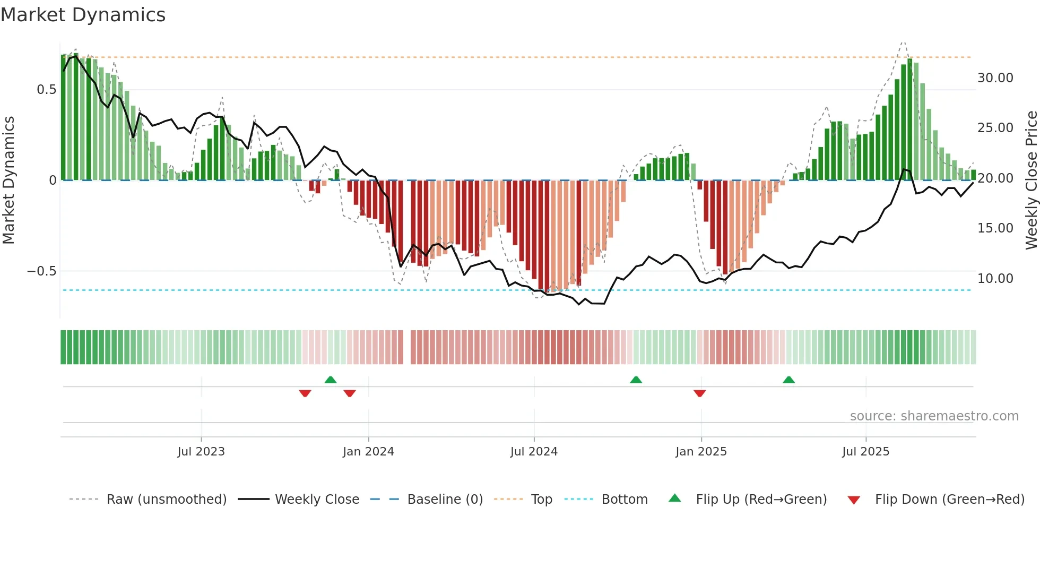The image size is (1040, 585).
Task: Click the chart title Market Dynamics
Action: [83, 15]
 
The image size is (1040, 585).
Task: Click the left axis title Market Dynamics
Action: [8, 180]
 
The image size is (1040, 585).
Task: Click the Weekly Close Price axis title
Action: [1031, 180]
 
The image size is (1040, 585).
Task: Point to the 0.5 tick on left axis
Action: [46, 90]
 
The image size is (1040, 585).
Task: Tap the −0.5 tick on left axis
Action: [42, 271]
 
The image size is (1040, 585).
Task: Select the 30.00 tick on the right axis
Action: [995, 78]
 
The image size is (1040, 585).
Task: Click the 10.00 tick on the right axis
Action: [995, 279]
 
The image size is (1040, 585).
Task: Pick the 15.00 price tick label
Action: [995, 228]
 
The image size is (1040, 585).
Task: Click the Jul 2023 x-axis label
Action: [201, 452]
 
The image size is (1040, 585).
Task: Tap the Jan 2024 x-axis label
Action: [368, 452]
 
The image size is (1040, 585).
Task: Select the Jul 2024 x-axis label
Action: [534, 452]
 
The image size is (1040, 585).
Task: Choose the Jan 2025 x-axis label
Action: [701, 452]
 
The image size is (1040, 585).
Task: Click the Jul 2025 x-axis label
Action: [865, 452]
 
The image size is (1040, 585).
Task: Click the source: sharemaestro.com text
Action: [934, 416]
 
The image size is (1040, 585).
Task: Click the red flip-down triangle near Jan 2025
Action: [699, 393]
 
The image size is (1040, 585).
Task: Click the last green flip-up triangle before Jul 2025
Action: [788, 380]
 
